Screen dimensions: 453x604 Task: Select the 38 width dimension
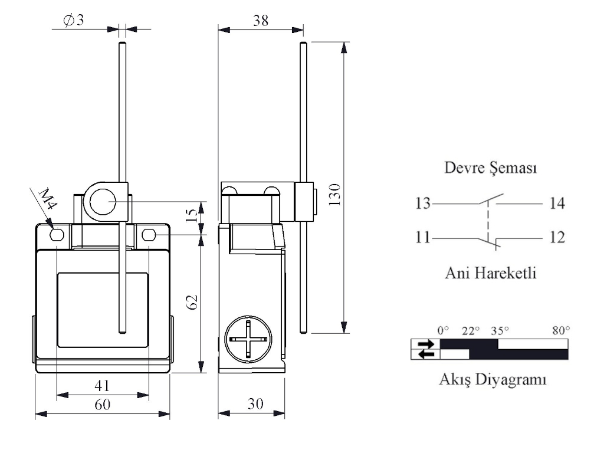(x=260, y=21)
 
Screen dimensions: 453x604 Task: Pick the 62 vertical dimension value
(x=191, y=303)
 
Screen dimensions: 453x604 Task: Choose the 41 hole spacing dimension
(x=103, y=386)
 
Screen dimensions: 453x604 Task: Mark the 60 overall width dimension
(x=103, y=405)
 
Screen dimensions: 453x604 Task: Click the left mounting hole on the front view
(x=57, y=236)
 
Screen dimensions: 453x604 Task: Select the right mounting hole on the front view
(x=149, y=236)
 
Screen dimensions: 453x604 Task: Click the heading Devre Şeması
(x=490, y=169)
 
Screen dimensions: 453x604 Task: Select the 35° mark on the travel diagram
(x=500, y=331)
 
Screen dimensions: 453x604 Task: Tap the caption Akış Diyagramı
(x=492, y=379)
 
